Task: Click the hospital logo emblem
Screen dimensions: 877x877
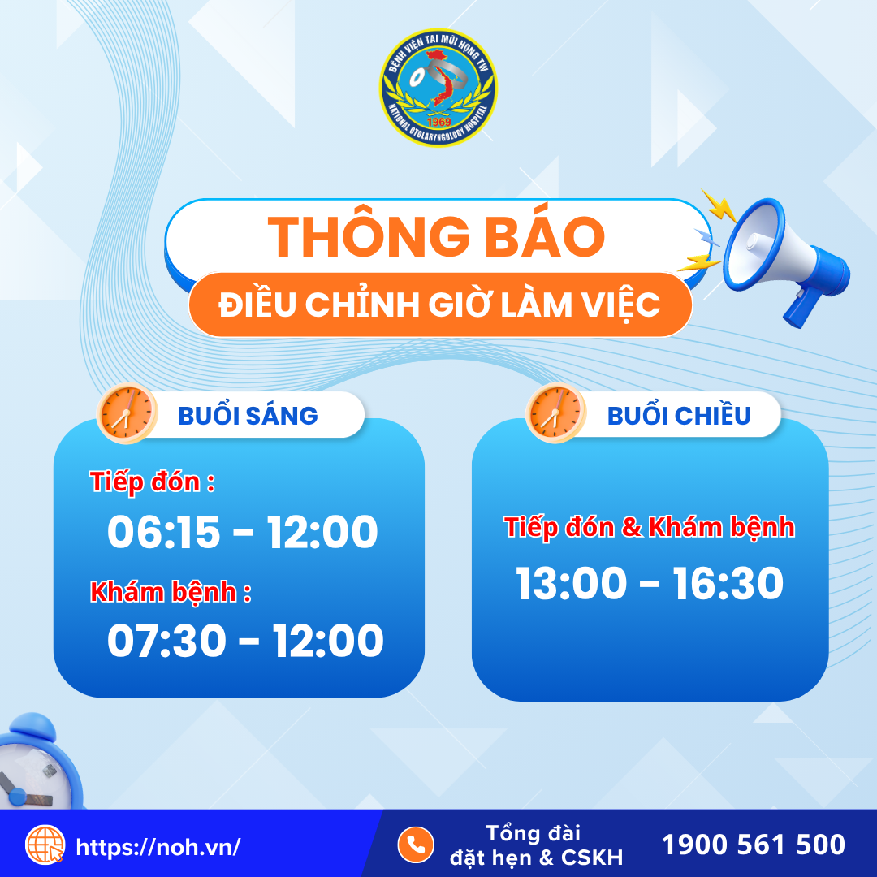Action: click(438, 87)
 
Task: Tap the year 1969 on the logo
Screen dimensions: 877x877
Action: click(438, 122)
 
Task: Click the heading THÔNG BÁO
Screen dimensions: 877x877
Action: click(436, 236)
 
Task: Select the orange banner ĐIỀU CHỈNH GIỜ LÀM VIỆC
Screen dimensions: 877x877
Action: click(440, 305)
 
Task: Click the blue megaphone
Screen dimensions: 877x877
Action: click(783, 260)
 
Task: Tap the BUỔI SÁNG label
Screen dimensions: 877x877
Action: click(248, 416)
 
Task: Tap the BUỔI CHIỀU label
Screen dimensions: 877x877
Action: click(679, 416)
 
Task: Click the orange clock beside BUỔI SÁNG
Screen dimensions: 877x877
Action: click(127, 413)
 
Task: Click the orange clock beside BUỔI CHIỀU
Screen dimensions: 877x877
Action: click(555, 413)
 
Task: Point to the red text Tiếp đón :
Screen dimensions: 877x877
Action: click(152, 482)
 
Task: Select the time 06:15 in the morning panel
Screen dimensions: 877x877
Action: click(163, 531)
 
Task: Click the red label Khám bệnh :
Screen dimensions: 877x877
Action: click(171, 592)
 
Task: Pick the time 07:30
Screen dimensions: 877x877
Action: click(166, 641)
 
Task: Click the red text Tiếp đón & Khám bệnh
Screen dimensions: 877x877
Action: click(650, 528)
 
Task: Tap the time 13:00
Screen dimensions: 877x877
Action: click(571, 583)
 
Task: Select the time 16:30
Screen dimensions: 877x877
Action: click(728, 583)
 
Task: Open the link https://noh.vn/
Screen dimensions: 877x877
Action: click(158, 847)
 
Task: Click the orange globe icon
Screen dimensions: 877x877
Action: click(45, 845)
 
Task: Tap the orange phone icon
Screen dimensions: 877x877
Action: click(416, 845)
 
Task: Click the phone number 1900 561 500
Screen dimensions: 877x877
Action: click(754, 845)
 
